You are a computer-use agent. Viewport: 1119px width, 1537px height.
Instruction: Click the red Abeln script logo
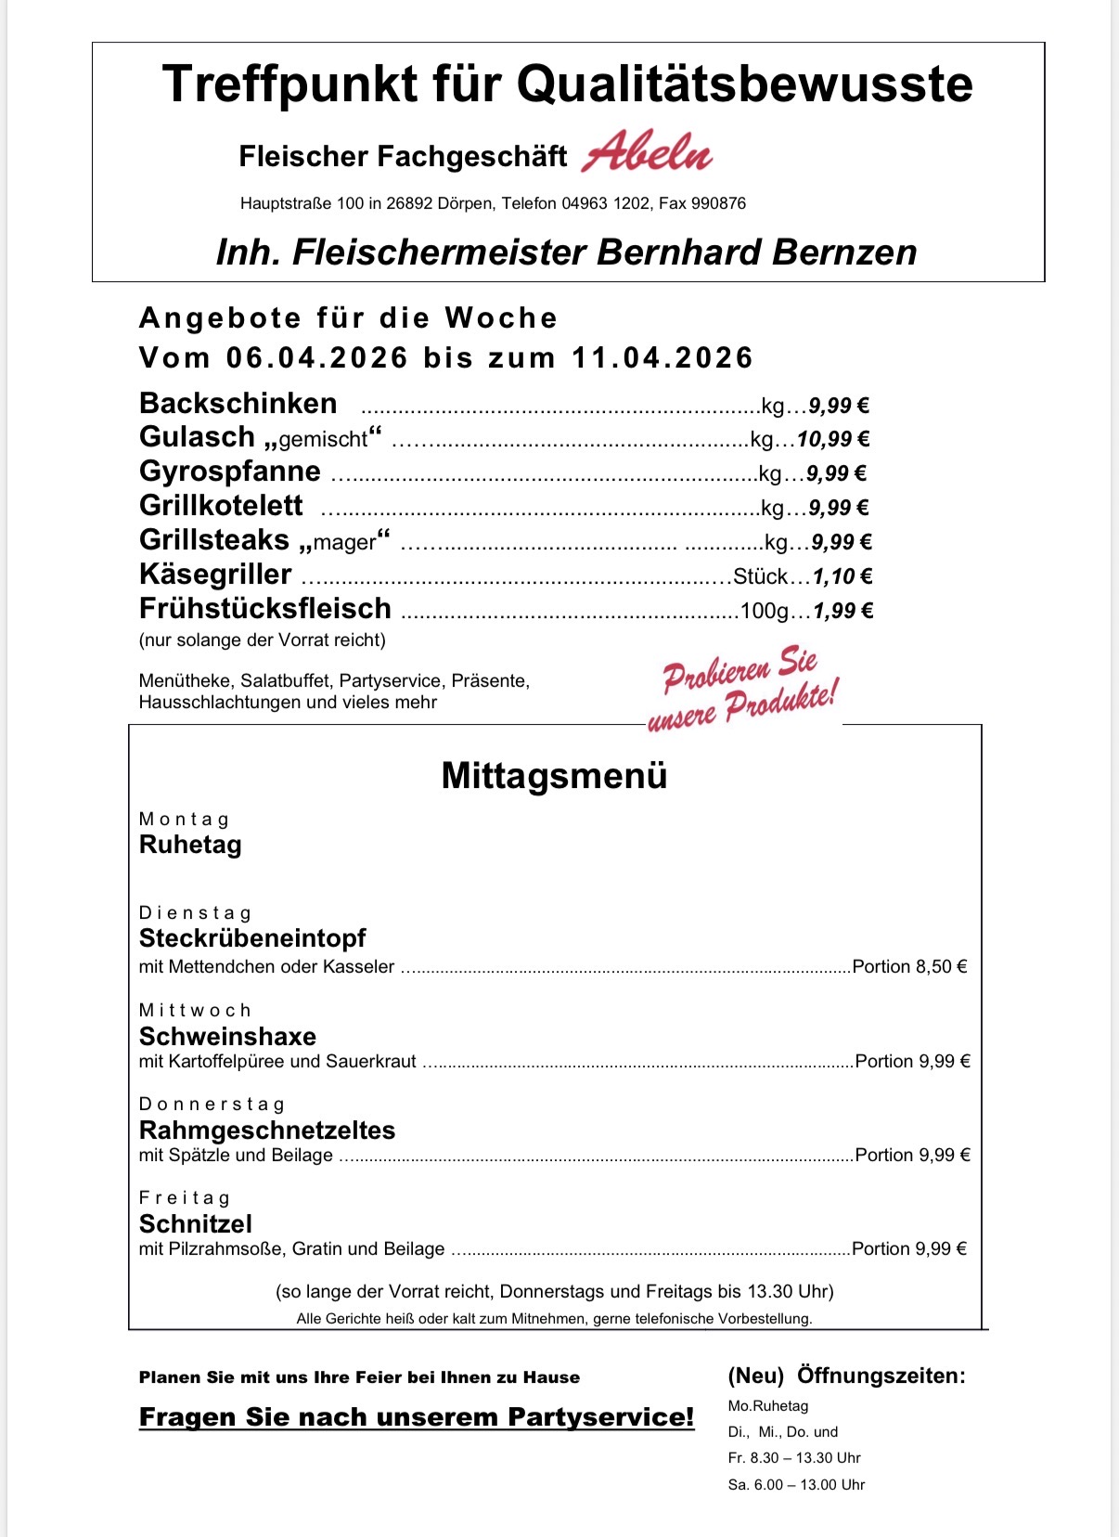pos(647,152)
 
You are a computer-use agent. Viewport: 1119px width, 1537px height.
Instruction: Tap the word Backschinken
pos(238,404)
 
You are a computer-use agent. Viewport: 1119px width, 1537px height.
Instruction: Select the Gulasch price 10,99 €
pos(832,439)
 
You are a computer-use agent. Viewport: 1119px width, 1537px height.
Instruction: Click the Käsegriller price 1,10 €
pos(842,576)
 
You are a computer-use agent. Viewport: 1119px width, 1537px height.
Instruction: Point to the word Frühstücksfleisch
pos(264,609)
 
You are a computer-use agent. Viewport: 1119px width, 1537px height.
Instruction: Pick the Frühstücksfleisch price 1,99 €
pos(842,611)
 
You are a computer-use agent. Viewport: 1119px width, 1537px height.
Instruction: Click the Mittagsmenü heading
pos(554,776)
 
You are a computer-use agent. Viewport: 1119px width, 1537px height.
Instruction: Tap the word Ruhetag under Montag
pos(190,845)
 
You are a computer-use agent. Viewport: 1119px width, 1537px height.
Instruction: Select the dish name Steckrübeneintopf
pos(252,938)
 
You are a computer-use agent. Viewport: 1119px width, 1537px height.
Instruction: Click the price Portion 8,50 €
pos(909,966)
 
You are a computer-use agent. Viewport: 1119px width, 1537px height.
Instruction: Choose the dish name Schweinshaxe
pos(227,1037)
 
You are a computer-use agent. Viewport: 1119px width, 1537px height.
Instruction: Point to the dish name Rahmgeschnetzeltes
pos(267,1130)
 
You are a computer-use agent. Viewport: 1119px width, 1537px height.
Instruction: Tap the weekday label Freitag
pos(185,1198)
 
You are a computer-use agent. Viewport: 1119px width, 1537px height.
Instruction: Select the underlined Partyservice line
pos(417,1417)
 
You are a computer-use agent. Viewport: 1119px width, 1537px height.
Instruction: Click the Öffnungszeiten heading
pos(881,1376)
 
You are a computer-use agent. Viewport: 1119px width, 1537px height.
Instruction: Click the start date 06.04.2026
pos(317,357)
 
